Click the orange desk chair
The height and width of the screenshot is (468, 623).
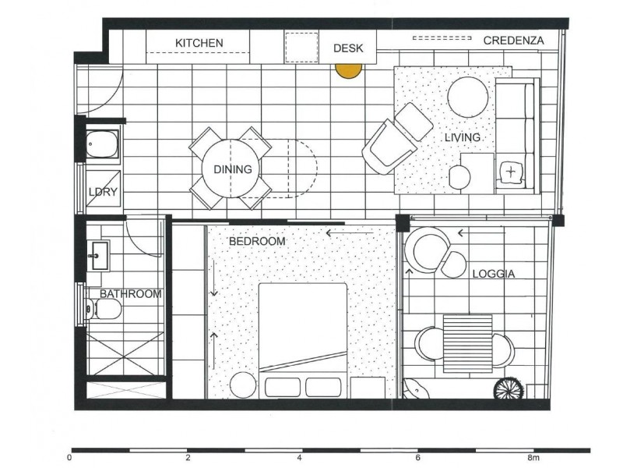pos(348,69)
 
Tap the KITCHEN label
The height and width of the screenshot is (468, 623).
pos(199,42)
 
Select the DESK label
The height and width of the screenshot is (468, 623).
pos(348,48)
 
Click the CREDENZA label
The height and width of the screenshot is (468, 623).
pos(513,41)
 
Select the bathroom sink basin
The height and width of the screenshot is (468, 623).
pos(100,254)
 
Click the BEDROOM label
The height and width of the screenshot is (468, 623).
pos(257,242)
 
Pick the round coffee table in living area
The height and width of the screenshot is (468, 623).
pos(468,96)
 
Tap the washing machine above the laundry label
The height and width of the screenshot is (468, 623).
pos(102,146)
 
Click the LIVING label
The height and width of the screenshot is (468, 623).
pos(463,137)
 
